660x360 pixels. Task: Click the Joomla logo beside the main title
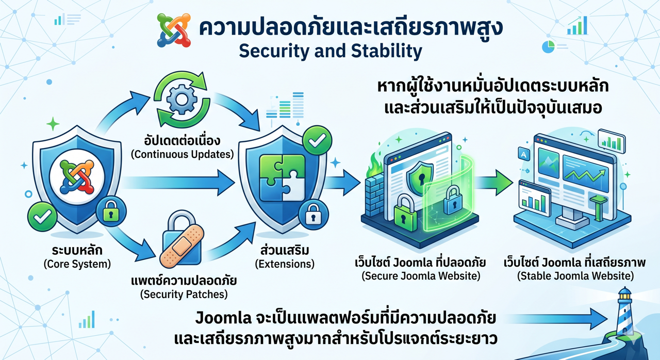[x=174, y=30]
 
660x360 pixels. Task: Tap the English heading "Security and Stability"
[x=331, y=51]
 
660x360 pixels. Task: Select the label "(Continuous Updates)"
[x=189, y=154]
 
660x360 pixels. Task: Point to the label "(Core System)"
[x=77, y=265]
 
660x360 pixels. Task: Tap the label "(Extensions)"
[x=285, y=264]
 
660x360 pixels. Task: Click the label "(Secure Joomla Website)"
[x=421, y=276]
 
